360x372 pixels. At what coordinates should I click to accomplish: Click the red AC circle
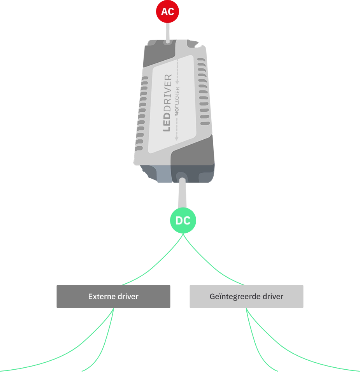(x=167, y=12)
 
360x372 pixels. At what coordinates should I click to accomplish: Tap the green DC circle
(x=183, y=221)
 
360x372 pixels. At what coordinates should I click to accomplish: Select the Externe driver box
(x=113, y=296)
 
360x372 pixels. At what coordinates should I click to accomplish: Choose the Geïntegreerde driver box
(x=246, y=296)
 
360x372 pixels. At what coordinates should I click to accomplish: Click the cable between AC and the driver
(x=168, y=31)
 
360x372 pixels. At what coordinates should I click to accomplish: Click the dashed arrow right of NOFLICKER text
(x=177, y=72)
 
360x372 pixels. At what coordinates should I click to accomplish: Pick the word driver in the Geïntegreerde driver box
(x=272, y=297)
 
